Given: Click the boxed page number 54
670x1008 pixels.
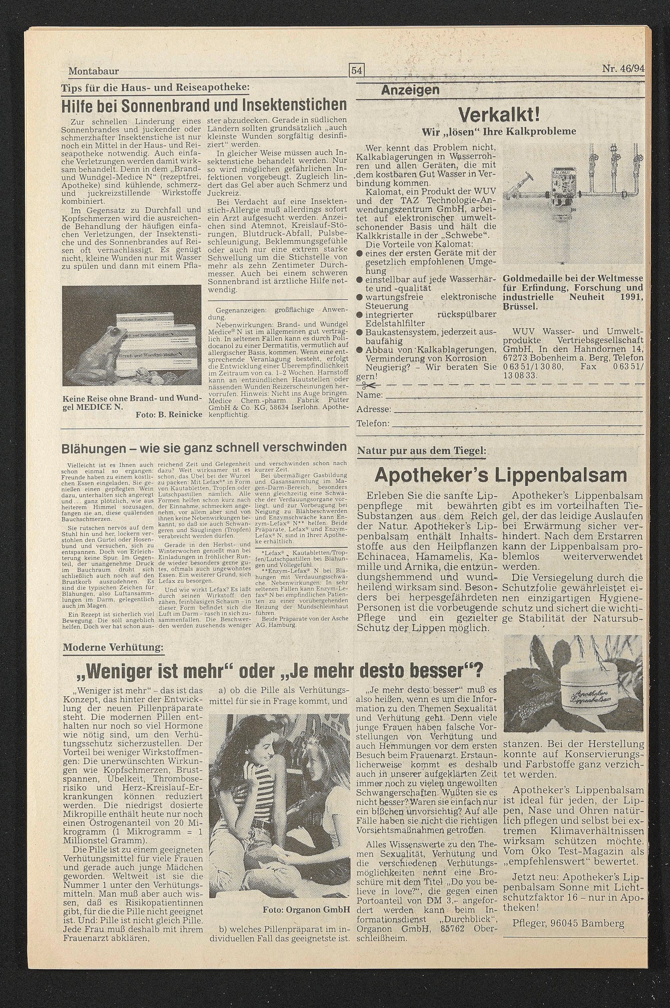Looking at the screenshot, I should (x=356, y=70).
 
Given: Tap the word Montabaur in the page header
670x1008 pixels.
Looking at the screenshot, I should (x=93, y=71).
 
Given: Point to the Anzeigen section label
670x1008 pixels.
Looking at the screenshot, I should (x=410, y=90).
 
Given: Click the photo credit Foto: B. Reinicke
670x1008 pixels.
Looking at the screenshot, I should (x=169, y=415).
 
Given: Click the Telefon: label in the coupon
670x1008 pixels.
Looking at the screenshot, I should (x=373, y=424).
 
